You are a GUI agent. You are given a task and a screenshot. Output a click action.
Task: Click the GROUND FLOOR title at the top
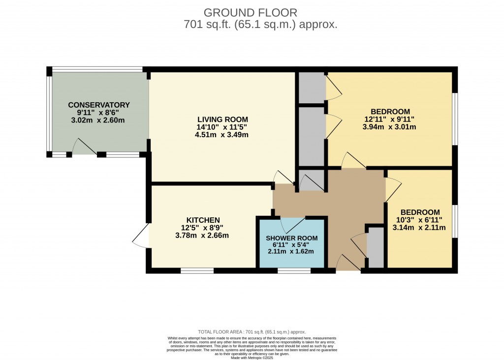pyautogui.click(x=251, y=12)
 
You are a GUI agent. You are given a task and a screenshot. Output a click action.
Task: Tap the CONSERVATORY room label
pyautogui.click(x=98, y=105)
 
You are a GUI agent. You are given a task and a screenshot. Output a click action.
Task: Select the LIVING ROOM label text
pyautogui.click(x=222, y=120)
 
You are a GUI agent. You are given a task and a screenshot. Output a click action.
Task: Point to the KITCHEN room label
pyautogui.click(x=203, y=220)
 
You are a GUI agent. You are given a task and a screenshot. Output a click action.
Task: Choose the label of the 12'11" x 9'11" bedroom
pyautogui.click(x=390, y=112)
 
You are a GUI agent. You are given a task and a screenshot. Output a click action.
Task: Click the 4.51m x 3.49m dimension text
pyautogui.click(x=221, y=135)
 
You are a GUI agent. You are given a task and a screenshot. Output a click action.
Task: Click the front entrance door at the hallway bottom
pyautogui.click(x=347, y=264)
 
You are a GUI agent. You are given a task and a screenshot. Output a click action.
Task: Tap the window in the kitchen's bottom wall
pyautogui.click(x=197, y=270)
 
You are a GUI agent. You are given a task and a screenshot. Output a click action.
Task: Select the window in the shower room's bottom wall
pyautogui.click(x=294, y=270)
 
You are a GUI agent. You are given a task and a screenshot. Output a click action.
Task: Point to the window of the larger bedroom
pyautogui.click(x=455, y=119)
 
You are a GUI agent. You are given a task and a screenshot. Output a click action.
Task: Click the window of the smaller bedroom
pyautogui.click(x=455, y=221)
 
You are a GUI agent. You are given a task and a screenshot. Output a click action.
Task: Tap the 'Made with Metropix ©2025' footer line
pyautogui.click(x=252, y=357)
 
